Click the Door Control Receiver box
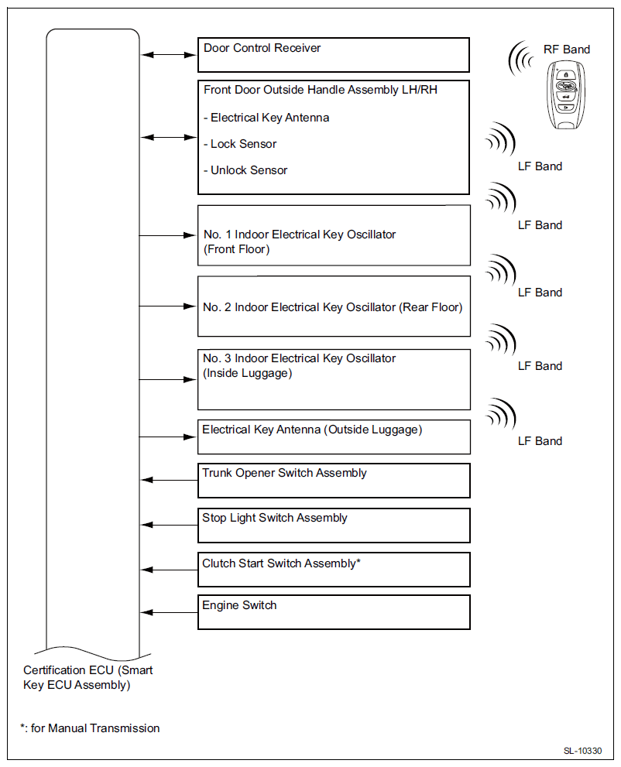(334, 55)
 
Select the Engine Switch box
(334, 612)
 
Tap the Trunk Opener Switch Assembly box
(334, 481)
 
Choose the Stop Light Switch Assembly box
(334, 526)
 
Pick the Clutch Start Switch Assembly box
(334, 570)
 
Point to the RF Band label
(566, 50)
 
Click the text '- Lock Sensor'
(240, 144)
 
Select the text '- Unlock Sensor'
(245, 170)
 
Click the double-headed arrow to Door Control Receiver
(169, 55)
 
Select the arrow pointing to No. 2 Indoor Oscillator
(169, 306)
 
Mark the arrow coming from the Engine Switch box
(169, 612)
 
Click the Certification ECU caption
(87, 677)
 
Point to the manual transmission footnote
(90, 728)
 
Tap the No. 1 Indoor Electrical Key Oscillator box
(334, 235)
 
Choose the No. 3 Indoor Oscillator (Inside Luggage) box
(334, 379)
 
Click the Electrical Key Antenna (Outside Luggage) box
(334, 437)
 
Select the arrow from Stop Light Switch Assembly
(169, 526)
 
